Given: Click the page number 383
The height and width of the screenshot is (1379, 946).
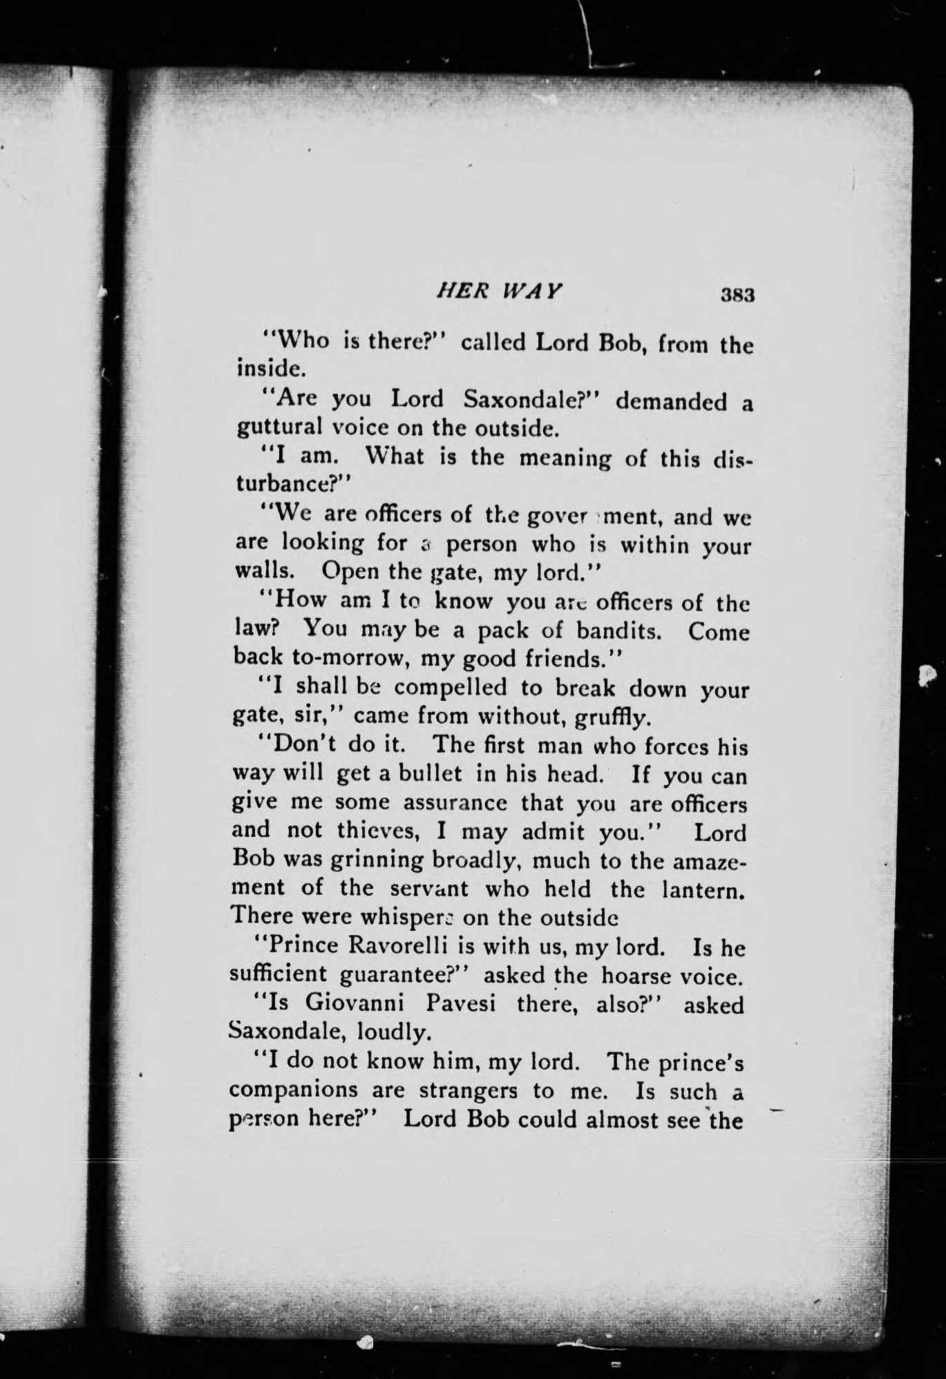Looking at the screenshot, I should [736, 295].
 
